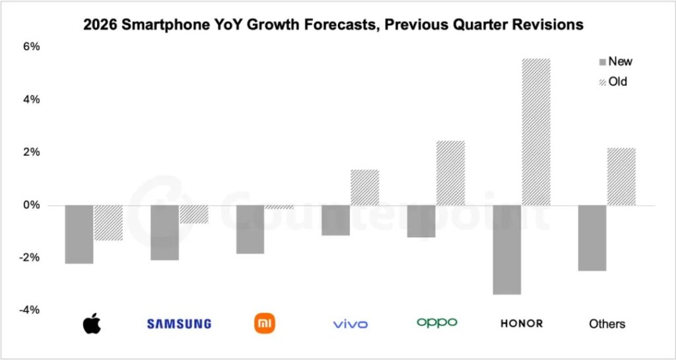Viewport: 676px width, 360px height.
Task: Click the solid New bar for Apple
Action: click(x=79, y=234)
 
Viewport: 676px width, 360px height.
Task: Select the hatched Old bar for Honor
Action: click(x=535, y=132)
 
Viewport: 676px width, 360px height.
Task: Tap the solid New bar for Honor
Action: click(x=507, y=249)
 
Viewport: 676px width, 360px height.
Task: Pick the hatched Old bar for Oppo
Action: click(x=450, y=172)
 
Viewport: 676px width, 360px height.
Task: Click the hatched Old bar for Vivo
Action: click(x=364, y=188)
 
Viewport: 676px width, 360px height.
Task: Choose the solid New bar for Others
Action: click(x=592, y=238)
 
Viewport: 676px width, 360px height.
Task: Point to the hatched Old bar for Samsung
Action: click(x=193, y=214)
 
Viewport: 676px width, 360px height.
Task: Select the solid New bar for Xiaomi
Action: click(x=250, y=229)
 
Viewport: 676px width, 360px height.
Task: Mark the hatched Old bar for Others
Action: click(x=621, y=176)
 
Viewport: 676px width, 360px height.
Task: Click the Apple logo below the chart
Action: click(x=93, y=324)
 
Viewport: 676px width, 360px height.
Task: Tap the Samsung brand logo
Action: click(x=179, y=324)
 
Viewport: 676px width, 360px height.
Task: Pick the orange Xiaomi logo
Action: click(x=265, y=323)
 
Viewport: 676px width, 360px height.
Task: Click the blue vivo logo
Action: click(x=351, y=324)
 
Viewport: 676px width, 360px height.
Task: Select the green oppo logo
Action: click(x=436, y=322)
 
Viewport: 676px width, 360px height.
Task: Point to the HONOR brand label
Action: click(x=522, y=324)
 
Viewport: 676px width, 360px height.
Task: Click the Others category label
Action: click(x=607, y=324)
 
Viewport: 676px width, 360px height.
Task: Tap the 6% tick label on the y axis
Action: click(x=32, y=47)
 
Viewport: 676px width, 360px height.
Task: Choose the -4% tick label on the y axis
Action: click(x=31, y=310)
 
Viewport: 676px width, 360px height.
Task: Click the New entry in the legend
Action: click(x=619, y=61)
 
